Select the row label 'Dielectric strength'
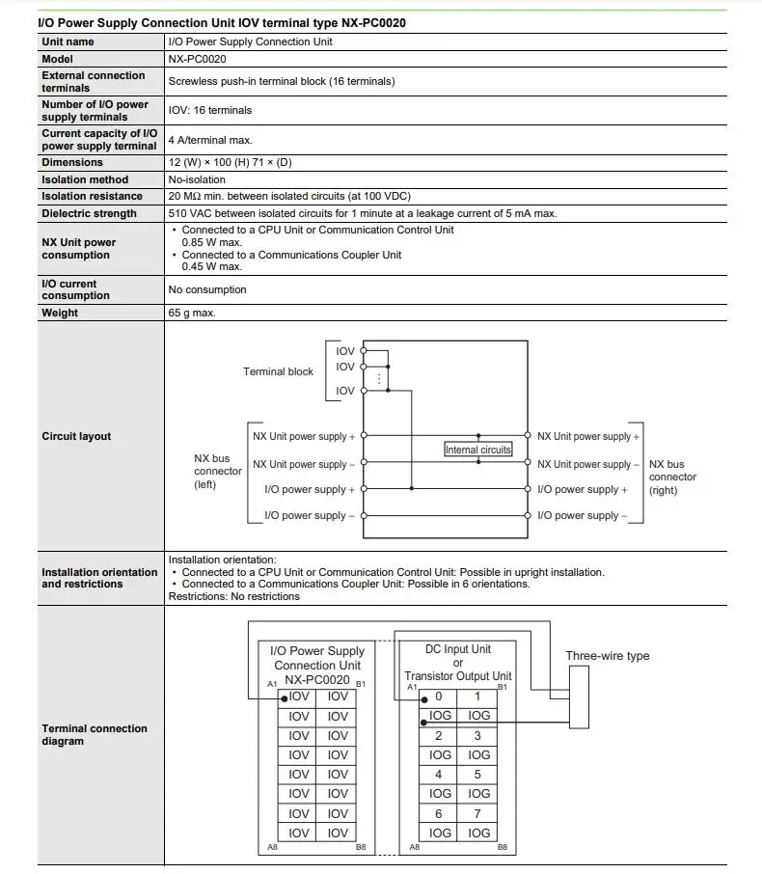pos(89,213)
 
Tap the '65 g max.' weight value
pos(192,313)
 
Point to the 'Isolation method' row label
pos(85,179)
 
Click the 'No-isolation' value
pos(197,179)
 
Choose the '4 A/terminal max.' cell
pos(210,140)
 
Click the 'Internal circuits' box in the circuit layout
pos(478,450)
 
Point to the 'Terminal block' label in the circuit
pos(278,371)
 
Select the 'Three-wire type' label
pos(607,656)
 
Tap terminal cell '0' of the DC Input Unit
pos(439,696)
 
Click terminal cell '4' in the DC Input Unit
pos(439,774)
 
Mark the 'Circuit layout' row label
pos(76,436)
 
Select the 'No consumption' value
pos(207,289)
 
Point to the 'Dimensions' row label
pos(72,163)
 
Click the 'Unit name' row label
pos(68,41)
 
